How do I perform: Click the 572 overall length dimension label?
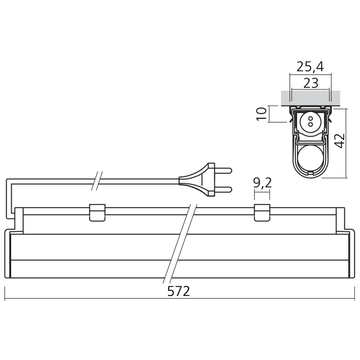click(179, 291)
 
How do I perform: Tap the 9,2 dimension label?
click(262, 183)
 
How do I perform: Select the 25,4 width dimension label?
click(310, 67)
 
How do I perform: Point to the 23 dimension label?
click(311, 83)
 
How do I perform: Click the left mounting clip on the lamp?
click(97, 212)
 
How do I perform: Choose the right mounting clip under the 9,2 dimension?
click(262, 212)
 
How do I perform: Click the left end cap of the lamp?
click(9, 254)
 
